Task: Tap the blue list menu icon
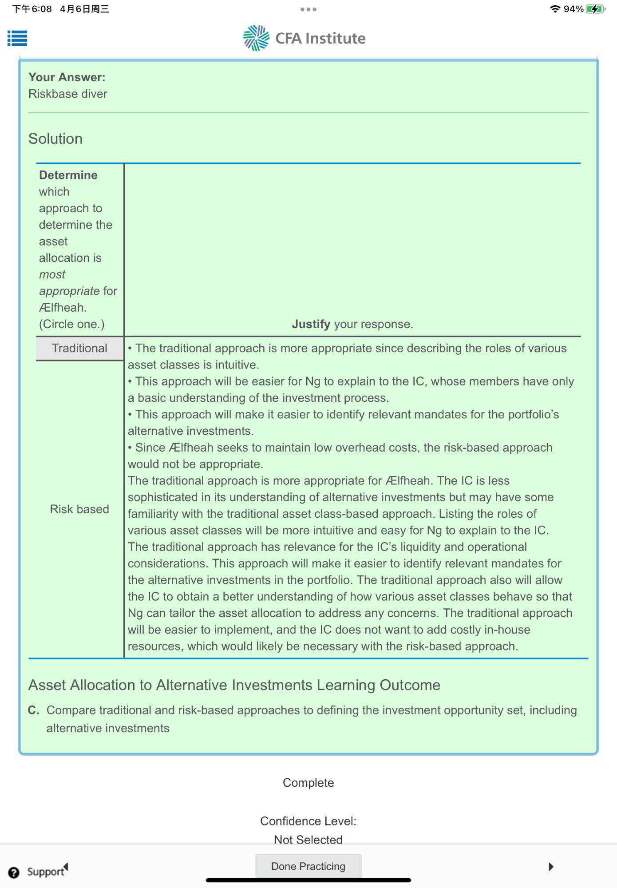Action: (17, 38)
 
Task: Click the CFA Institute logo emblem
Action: (256, 38)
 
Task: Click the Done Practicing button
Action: (308, 866)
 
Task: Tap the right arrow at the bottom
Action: (551, 867)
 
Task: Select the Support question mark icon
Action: (14, 872)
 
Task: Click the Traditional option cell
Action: (79, 349)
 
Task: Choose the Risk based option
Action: (79, 509)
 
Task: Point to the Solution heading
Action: (55, 139)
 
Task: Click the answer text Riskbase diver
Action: (68, 94)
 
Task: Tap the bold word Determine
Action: (68, 175)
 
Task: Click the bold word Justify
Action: (311, 324)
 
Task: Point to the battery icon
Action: (594, 9)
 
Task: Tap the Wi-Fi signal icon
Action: (555, 9)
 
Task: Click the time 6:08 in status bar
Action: (41, 9)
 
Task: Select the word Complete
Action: (308, 783)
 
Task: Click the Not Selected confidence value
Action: (308, 840)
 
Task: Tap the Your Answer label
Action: (67, 77)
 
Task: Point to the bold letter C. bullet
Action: (34, 710)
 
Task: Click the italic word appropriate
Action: (69, 291)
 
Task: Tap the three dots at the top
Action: (308, 9)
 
